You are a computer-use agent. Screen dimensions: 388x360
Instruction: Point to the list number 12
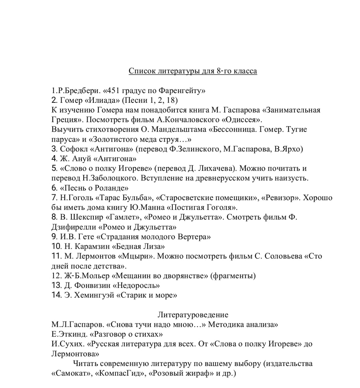click(x=55, y=276)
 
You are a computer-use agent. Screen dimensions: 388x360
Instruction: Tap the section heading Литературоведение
click(x=193, y=315)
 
